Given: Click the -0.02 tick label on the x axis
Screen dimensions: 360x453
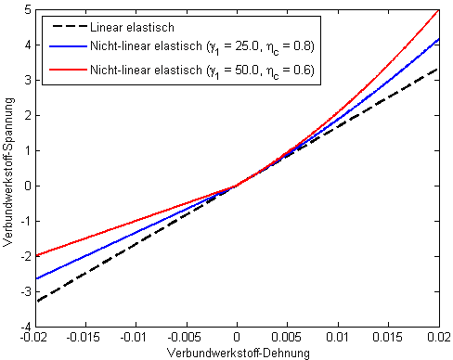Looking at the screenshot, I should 35,340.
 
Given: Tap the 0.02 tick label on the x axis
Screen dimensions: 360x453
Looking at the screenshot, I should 438,340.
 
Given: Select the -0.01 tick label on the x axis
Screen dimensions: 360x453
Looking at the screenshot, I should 136,340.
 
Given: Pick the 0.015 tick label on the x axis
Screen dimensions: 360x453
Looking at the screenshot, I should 388,340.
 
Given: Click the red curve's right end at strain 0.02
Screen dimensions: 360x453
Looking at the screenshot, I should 438,10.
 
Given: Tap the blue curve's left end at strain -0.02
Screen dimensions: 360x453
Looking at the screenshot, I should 35,278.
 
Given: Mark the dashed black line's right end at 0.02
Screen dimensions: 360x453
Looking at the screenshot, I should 438,69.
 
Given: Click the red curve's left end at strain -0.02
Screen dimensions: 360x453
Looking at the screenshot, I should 35,256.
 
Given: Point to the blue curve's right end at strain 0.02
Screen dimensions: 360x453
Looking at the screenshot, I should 438,39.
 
